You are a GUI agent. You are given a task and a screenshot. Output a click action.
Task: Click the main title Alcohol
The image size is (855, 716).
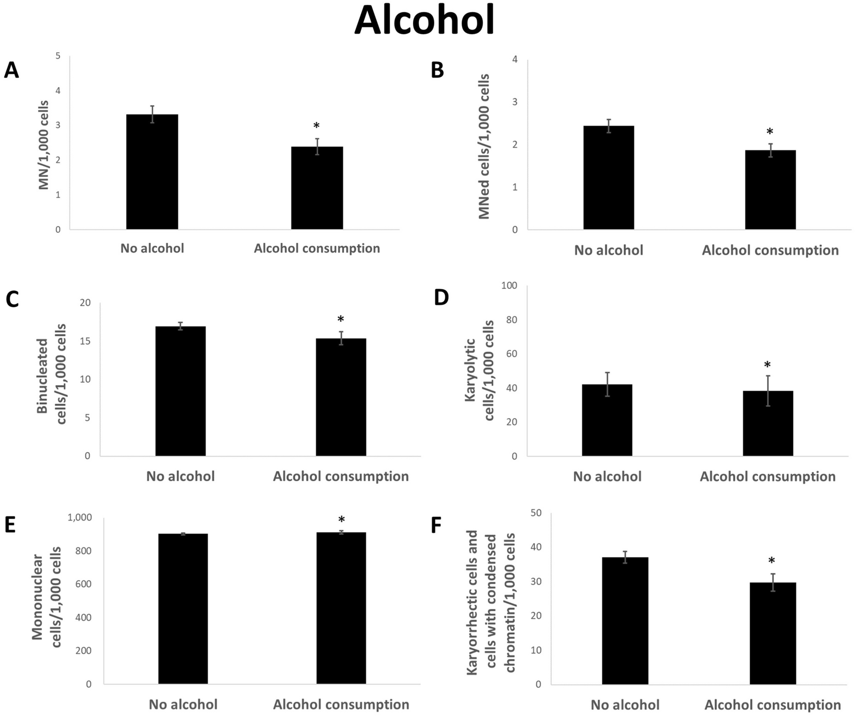pos(424,21)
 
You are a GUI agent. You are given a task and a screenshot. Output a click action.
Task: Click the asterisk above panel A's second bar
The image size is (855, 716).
pos(317,126)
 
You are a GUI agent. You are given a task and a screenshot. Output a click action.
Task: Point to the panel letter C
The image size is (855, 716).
pos(12,300)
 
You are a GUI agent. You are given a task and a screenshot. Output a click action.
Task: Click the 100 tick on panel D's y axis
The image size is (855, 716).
pos(509,285)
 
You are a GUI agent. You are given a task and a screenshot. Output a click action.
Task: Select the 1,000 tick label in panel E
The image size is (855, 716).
pos(80,518)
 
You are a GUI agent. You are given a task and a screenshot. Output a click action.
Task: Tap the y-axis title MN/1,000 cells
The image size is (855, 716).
pos(44,145)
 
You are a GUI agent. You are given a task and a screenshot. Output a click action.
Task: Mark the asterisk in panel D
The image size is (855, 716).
pos(767,365)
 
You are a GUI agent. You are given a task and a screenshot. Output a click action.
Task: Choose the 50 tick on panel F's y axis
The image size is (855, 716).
pos(536,513)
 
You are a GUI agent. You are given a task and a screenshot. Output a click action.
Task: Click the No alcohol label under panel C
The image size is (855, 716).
pos(180,476)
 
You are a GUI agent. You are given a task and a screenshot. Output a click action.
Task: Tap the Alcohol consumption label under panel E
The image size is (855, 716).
pos(341,704)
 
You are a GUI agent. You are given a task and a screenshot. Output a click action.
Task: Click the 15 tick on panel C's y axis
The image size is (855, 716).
pos(85,341)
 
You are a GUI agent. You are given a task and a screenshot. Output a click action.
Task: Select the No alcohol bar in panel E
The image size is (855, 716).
pos(183,609)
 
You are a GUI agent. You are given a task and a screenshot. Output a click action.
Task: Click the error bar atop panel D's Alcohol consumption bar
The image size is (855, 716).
pos(768,390)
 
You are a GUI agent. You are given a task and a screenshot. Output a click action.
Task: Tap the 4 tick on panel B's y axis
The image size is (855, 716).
pos(515,59)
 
